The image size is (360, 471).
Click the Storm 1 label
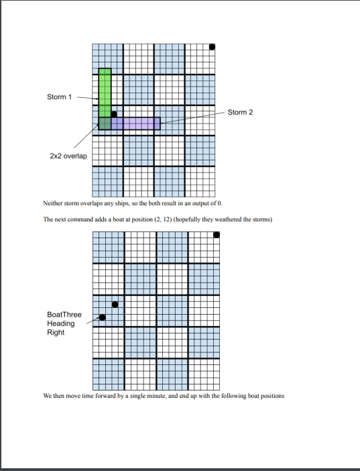tap(58, 97)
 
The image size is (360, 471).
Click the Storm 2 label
tap(240, 112)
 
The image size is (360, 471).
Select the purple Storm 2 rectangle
tap(136, 123)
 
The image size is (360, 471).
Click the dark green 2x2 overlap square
tap(105, 123)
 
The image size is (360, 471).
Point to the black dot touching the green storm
tap(114, 115)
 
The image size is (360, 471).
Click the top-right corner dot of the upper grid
tap(212, 47)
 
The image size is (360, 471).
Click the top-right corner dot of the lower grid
tap(216, 235)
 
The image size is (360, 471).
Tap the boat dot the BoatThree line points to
tap(103, 317)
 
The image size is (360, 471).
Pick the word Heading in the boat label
tap(61, 323)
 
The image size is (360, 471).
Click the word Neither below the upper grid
tap(53, 203)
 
